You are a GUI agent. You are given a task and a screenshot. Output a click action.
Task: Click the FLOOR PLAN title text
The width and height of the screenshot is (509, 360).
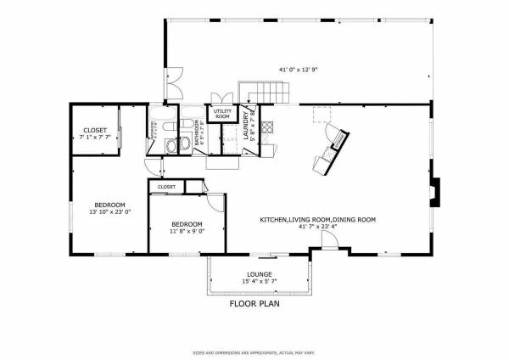coord(254,302)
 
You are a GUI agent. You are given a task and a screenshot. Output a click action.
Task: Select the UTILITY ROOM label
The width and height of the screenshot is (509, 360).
coord(222,114)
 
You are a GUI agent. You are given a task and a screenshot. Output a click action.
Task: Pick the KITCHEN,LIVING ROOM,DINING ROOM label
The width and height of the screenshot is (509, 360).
coord(317,219)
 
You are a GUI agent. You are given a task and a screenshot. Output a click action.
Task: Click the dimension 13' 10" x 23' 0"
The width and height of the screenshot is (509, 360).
coord(110,212)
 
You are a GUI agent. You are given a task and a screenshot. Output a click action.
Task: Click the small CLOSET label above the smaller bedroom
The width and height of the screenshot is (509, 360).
coord(166,186)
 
